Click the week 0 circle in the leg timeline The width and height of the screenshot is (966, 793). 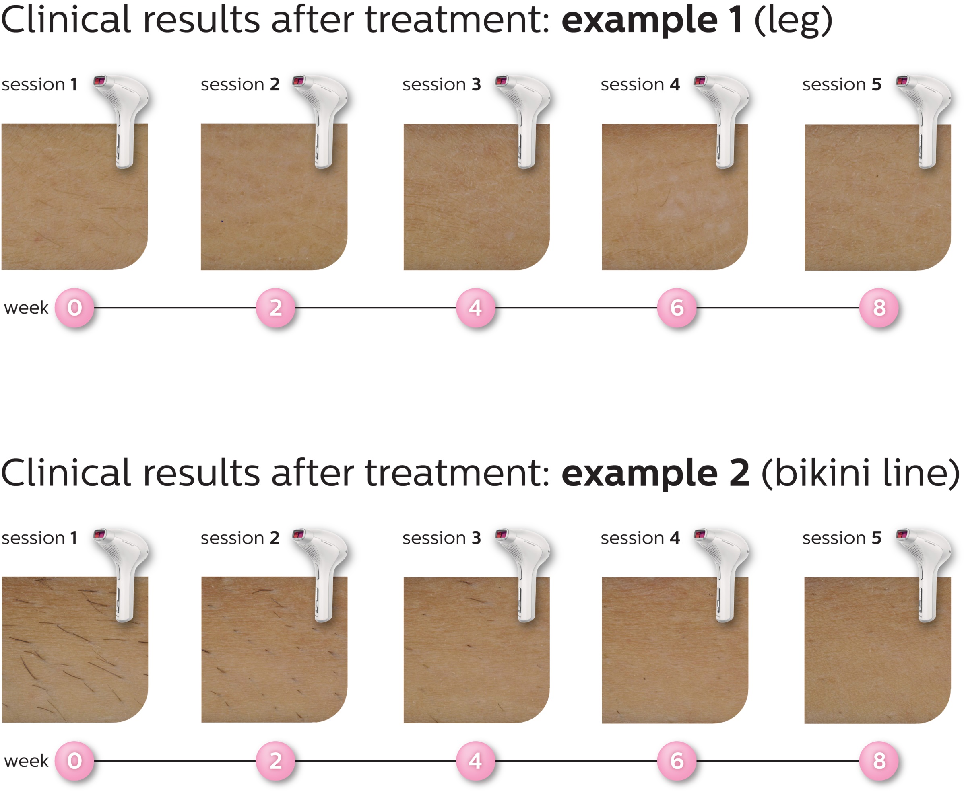(x=74, y=308)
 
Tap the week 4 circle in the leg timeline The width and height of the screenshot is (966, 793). (x=475, y=308)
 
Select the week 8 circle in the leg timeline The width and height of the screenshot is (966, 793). (x=879, y=308)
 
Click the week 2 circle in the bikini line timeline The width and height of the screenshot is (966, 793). (x=275, y=761)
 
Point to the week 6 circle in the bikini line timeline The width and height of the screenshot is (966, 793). (x=677, y=761)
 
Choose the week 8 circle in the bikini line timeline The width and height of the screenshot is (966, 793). (x=879, y=761)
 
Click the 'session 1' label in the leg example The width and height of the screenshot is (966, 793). (x=39, y=84)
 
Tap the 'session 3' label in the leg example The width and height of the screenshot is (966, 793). (x=441, y=84)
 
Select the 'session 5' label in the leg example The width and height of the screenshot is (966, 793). (x=841, y=84)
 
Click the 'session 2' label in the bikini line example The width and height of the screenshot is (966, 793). (x=240, y=538)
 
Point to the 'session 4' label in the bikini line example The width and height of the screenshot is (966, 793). (x=640, y=538)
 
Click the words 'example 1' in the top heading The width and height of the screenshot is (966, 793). (x=652, y=21)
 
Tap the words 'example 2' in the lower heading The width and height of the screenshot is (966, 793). (x=655, y=474)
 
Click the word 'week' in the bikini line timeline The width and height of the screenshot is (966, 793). (x=26, y=761)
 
